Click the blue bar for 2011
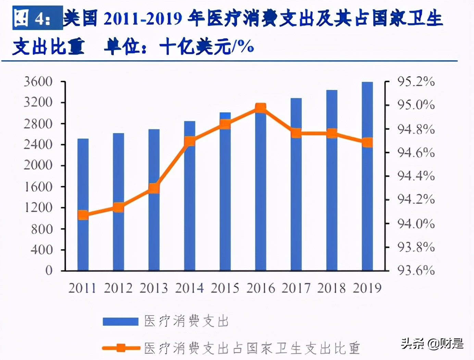(83, 240)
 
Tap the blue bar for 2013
(154, 233)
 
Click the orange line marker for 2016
(261, 108)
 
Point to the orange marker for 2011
(83, 215)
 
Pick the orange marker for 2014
(190, 141)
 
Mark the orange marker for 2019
(367, 142)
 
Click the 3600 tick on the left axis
(38, 82)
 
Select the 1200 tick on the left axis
(38, 207)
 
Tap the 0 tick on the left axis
(49, 270)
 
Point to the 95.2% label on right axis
(416, 82)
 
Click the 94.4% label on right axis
(416, 176)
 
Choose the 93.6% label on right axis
(416, 270)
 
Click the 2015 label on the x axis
(225, 288)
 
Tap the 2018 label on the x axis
(332, 288)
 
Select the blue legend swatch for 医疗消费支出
(120, 321)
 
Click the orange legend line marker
(120, 348)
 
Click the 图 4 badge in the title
(37, 18)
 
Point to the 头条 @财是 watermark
(432, 343)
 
